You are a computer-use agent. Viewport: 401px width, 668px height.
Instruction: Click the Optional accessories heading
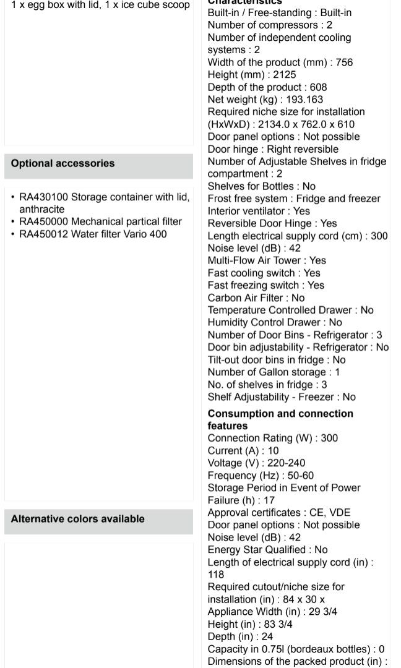[63, 163]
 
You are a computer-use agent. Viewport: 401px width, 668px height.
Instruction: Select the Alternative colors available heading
[77, 519]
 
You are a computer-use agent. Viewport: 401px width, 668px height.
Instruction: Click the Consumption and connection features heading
[280, 419]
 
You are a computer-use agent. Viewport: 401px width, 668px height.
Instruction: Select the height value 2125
[285, 75]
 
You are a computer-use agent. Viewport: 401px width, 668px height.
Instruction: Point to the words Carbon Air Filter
[245, 298]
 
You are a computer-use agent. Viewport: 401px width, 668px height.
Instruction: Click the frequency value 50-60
[299, 475]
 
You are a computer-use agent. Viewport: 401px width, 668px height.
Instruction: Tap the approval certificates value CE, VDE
[332, 512]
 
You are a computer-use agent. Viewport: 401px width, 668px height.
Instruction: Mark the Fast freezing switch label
[253, 285]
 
